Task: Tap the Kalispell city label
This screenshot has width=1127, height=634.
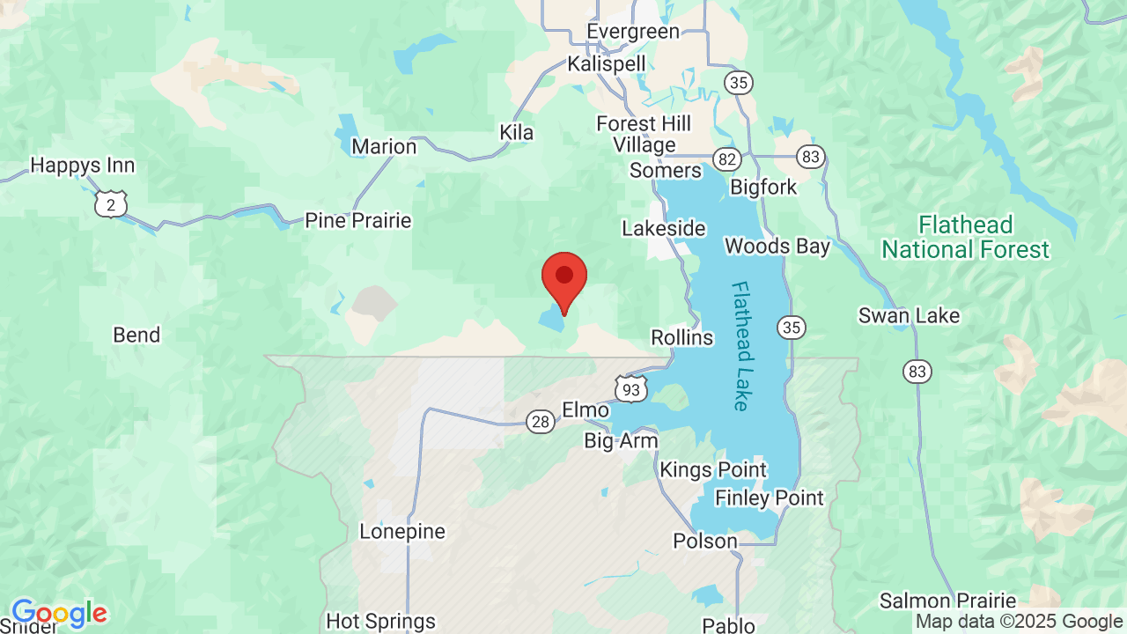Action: [607, 63]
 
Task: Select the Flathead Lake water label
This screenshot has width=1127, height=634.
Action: [740, 345]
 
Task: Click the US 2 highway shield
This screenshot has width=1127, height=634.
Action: [111, 204]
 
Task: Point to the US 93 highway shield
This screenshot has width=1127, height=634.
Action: [631, 387]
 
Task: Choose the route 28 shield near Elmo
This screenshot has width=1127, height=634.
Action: [541, 422]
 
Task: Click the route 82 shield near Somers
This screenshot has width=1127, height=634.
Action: [727, 158]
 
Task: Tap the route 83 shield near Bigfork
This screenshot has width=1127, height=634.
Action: [811, 158]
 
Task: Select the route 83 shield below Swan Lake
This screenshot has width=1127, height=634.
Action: [917, 372]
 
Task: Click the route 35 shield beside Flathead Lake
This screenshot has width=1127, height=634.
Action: [791, 328]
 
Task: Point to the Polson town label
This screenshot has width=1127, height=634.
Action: [704, 541]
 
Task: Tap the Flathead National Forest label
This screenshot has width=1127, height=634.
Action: [965, 238]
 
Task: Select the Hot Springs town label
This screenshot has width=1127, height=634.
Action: [380, 621]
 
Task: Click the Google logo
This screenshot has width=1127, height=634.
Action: [59, 613]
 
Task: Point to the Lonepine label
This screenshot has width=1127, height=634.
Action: [402, 531]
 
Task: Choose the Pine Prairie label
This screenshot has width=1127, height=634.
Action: [357, 220]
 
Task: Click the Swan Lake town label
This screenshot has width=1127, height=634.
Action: [909, 315]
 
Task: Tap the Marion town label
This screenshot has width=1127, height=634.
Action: [384, 146]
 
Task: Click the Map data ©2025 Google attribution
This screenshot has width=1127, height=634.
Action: [1019, 622]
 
